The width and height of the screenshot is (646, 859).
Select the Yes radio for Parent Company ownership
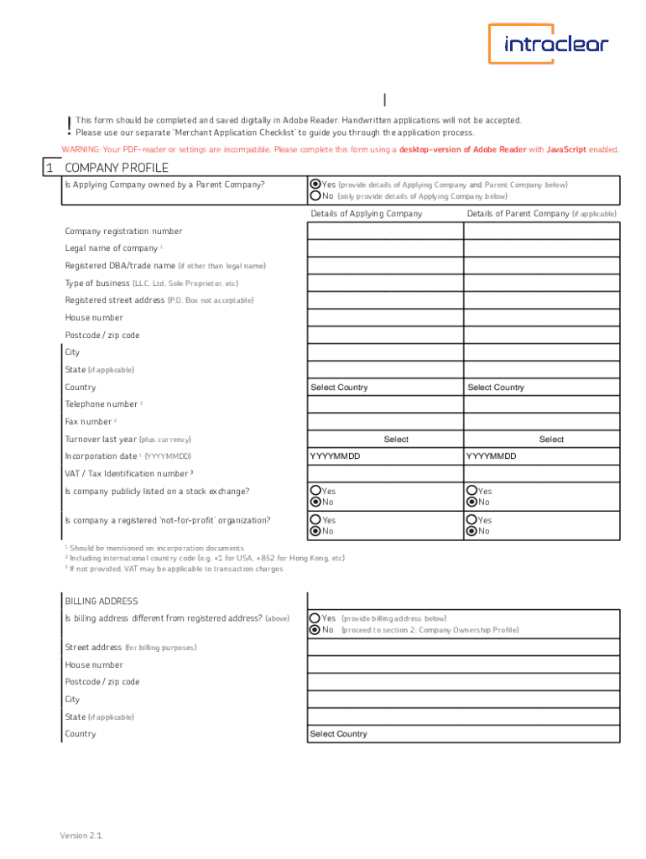[x=315, y=185]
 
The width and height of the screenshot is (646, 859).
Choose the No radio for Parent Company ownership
[x=315, y=195]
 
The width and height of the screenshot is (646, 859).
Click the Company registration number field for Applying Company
[x=385, y=231]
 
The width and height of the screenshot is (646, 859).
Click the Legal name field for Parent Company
[x=541, y=248]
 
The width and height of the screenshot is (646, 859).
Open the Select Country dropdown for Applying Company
[x=385, y=388]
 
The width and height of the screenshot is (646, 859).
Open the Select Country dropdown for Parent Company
[x=541, y=388]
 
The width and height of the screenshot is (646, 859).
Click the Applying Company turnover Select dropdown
[x=385, y=440]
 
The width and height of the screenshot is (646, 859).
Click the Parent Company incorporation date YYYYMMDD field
[x=541, y=456]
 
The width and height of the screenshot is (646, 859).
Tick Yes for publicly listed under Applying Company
[x=316, y=491]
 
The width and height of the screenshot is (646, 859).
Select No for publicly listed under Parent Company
[x=472, y=502]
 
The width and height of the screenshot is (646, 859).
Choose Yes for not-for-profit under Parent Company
[x=472, y=520]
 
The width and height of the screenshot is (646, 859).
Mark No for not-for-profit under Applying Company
[x=316, y=531]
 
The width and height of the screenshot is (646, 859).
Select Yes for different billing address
[x=315, y=618]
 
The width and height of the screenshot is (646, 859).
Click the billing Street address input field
[x=464, y=648]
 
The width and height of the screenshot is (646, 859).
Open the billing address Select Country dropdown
[x=464, y=734]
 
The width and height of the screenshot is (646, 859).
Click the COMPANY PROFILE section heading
[x=117, y=168]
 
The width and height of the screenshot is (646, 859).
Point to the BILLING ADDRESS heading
[x=102, y=601]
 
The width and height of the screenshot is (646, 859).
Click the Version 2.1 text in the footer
[x=81, y=836]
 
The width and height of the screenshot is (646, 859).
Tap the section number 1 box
[x=49, y=168]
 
